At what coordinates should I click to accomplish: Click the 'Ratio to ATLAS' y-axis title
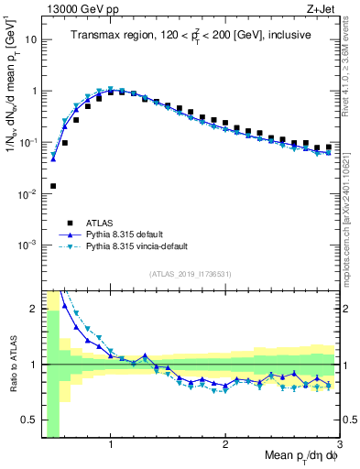12,365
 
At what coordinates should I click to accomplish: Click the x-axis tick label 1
111,444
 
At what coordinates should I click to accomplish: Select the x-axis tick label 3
340,444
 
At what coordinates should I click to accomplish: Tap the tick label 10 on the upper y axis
30,40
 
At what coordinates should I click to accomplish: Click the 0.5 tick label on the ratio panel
28,420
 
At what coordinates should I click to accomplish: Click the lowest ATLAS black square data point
53,186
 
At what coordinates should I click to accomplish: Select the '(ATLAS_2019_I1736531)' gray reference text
191,273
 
